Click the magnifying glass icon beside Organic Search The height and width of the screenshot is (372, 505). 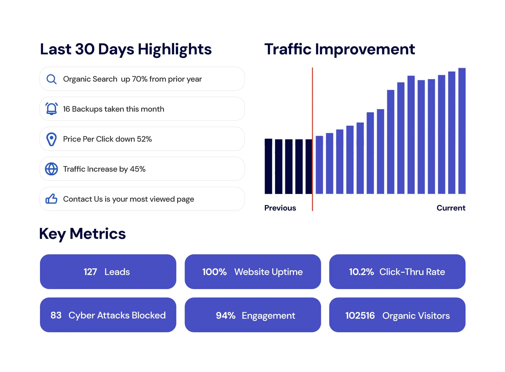point(51,79)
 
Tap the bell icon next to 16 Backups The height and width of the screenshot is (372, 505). point(51,109)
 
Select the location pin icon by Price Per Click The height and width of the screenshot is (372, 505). point(51,139)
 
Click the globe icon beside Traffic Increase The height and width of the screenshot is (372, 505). point(51,169)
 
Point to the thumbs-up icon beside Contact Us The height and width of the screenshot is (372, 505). point(51,199)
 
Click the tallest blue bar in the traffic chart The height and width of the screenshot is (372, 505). point(462,132)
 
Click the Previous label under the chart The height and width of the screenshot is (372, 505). point(280,208)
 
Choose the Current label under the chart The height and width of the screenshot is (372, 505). point(451,208)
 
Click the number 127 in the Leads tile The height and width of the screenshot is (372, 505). point(90,272)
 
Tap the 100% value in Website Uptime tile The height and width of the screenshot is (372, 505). point(214,272)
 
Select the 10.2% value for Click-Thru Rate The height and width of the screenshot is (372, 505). point(361,272)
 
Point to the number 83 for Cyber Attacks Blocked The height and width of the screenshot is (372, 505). point(56,315)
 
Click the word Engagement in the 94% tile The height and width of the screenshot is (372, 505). point(268,316)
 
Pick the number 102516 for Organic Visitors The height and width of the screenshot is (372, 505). point(360,316)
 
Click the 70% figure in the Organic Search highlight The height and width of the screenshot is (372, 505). point(139,79)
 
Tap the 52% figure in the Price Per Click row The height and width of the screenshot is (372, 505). point(144,139)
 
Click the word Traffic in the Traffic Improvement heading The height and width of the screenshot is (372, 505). point(288,49)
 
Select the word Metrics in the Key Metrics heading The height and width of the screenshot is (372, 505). point(98,234)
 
